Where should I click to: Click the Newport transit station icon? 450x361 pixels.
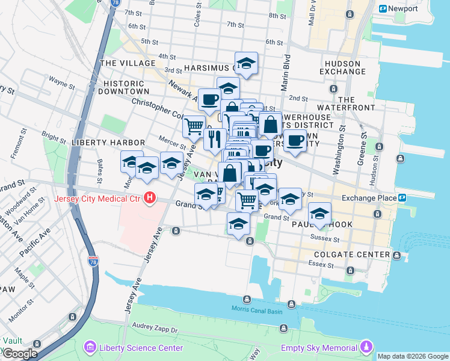(x=383, y=8)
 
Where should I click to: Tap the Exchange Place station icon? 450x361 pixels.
(x=401, y=197)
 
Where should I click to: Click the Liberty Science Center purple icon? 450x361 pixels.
(x=90, y=347)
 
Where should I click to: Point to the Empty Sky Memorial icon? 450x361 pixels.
(x=366, y=347)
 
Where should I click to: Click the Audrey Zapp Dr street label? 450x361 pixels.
(x=156, y=330)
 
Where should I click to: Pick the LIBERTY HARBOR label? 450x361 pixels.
(x=100, y=142)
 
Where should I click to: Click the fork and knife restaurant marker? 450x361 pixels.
(x=215, y=139)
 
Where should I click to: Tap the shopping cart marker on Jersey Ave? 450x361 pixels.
(x=193, y=126)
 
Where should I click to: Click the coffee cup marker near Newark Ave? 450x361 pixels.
(x=209, y=99)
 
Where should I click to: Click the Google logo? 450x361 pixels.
(x=19, y=354)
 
